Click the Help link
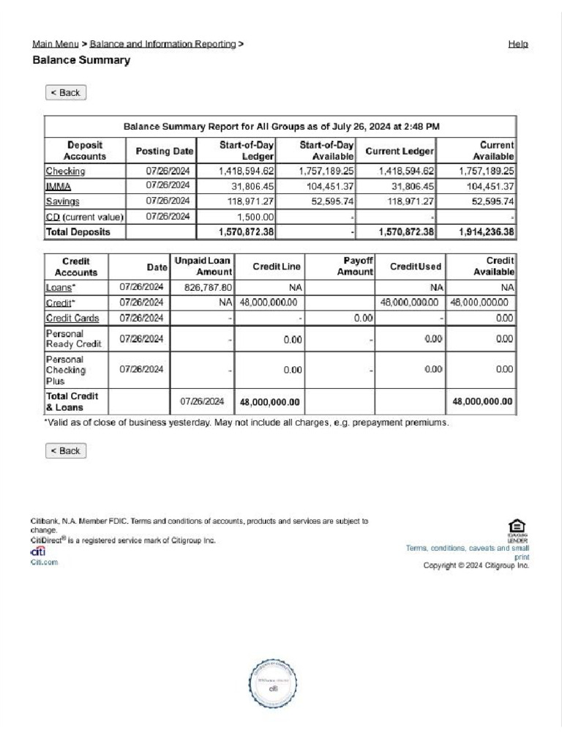pos(518,44)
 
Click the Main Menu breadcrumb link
pos(56,44)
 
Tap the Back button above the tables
pos(66,93)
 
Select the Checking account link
pos(66,171)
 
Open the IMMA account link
pos(59,187)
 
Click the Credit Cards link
pos(72,319)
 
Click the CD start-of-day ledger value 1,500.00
pos(256,218)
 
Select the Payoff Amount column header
pos(355,267)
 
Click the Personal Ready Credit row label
pos(74,338)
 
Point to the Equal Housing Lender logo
pos(517,527)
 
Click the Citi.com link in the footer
pos(44,562)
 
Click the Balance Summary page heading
pos(81,60)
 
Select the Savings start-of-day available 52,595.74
pos(331,201)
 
